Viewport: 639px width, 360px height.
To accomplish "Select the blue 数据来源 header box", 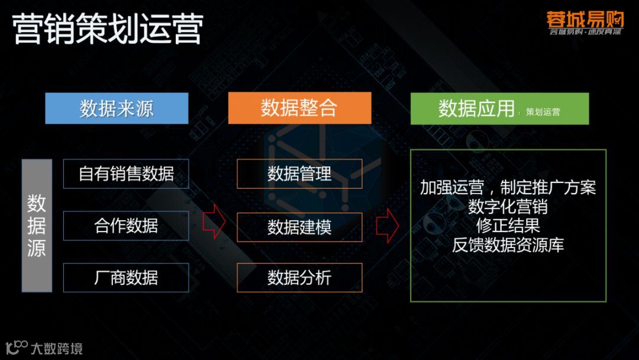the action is (x=117, y=108).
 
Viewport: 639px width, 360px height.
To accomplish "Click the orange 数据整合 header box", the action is (x=299, y=108).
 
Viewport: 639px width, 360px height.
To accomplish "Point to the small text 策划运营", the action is (x=543, y=112).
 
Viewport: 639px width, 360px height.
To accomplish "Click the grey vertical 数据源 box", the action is (x=37, y=226).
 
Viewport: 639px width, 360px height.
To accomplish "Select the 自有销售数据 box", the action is (x=126, y=174).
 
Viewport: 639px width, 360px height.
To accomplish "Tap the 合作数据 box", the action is (x=126, y=226).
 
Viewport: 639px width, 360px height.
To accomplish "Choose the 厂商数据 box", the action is (x=126, y=278).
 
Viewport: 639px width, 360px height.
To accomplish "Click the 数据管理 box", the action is (x=299, y=174).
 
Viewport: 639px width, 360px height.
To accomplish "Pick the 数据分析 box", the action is (x=299, y=278).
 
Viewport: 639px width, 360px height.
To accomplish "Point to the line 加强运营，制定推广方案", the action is (x=508, y=188).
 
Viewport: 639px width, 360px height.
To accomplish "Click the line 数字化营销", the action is (x=508, y=207).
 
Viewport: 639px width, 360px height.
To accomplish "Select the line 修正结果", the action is (x=508, y=226).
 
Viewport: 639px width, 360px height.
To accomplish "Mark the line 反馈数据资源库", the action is (x=508, y=245).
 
